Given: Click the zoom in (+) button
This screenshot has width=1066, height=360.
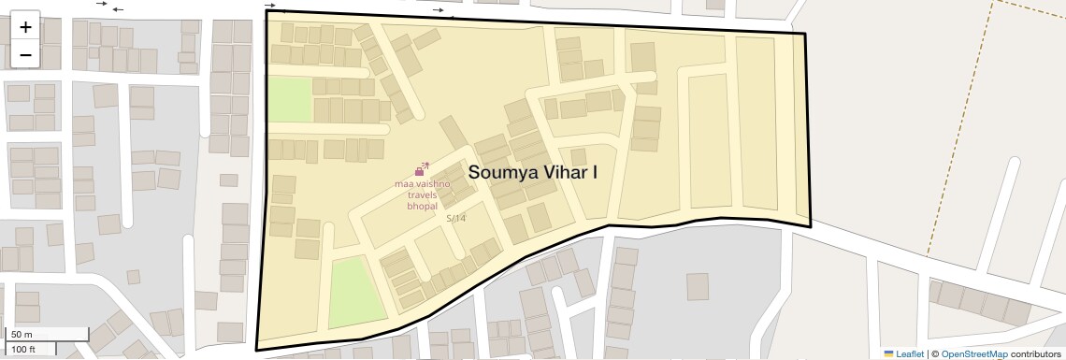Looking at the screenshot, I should click(25, 27).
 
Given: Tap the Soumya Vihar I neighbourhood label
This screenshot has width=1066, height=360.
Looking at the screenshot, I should click(533, 172).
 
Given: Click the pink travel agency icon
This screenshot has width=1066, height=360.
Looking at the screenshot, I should click(421, 169).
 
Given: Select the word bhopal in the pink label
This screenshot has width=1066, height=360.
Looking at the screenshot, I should click(422, 205).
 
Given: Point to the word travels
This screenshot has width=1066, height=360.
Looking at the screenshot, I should click(422, 194).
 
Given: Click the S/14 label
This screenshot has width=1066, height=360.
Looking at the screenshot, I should click(455, 218).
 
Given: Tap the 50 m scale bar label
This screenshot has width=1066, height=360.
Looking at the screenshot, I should click(21, 334).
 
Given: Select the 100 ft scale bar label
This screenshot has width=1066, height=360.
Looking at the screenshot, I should click(23, 350).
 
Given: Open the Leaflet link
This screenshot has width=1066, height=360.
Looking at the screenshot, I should click(910, 353).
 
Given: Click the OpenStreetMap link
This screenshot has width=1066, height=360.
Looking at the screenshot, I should click(974, 353).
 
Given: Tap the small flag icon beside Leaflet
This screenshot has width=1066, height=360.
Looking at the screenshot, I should click(888, 353).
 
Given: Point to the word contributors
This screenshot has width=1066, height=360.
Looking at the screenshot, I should click(1036, 353).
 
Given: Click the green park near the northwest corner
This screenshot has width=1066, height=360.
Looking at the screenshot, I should click(289, 99).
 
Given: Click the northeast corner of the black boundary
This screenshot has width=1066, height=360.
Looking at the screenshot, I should click(805, 35).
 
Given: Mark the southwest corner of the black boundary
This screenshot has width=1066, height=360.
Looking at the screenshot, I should click(256, 351).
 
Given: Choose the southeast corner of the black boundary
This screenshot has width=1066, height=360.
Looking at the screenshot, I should click(810, 225).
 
